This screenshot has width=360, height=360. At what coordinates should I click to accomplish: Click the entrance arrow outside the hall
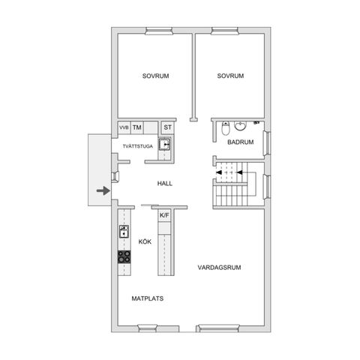coord(103,191)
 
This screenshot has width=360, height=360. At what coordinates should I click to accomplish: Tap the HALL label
coord(165,184)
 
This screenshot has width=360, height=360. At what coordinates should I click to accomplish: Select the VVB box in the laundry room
coord(124,127)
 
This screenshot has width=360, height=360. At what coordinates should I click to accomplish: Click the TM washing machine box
coord(137,127)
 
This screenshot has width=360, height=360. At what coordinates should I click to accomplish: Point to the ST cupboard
coord(167,127)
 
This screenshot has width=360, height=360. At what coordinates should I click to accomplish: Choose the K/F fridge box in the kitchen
coord(164,215)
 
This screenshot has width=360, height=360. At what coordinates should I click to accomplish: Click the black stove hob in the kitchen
coord(124,256)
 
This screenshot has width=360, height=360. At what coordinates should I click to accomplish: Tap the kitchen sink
coord(124,231)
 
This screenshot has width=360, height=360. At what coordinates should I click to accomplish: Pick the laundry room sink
coord(164,144)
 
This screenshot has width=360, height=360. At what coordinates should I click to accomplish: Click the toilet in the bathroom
coord(226,128)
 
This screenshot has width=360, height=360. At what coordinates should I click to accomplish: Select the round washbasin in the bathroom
coord(241,126)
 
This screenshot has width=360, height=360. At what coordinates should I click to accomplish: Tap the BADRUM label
coord(241,142)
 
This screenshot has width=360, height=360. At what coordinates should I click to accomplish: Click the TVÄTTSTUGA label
coord(138,146)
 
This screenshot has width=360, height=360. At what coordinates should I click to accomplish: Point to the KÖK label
coord(145,241)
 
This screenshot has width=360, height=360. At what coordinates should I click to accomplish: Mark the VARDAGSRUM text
coord(219,268)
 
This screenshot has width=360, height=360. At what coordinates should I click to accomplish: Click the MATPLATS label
coord(148,298)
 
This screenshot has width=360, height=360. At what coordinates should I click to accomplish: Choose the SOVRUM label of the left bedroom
coord(155,76)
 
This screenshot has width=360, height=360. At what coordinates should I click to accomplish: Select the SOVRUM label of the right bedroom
coord(230,76)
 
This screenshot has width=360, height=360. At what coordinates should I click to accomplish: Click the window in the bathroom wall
coord(267,143)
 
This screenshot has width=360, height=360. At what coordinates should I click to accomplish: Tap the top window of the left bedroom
coord(159,31)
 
